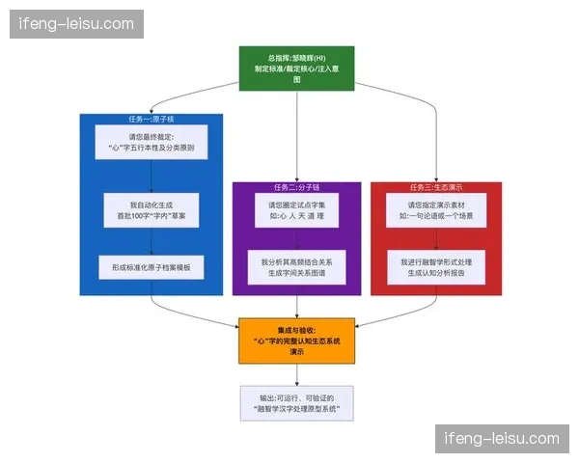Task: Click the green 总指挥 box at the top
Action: pos(296,68)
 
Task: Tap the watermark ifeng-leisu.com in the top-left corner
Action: pos(76,23)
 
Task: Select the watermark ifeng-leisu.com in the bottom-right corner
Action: pos(501,438)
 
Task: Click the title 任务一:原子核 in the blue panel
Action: pos(152,120)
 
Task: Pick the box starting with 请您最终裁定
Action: pos(152,144)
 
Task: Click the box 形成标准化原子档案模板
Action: pos(152,267)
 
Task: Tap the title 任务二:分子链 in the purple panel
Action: pos(296,187)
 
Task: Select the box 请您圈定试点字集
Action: pos(296,211)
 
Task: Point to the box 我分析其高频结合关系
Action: pos(296,267)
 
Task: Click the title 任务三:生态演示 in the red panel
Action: pos(436,187)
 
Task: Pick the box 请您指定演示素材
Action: pos(436,211)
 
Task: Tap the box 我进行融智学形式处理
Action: pos(436,267)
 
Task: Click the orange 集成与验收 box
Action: pos(296,341)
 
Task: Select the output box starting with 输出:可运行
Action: pos(296,402)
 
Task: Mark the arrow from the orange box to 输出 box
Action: pos(296,374)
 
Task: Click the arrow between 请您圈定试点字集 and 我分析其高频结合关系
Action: pos(296,239)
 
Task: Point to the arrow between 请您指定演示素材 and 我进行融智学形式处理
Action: pos(436,239)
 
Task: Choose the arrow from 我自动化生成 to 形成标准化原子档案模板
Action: pos(152,242)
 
